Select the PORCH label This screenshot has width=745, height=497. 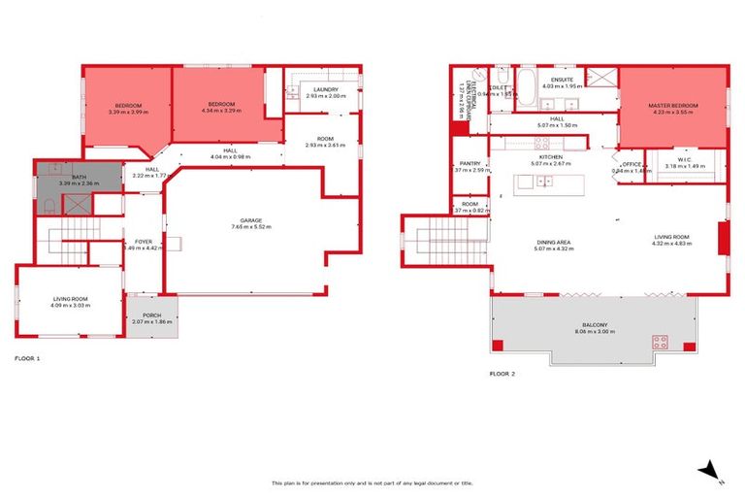(152, 314)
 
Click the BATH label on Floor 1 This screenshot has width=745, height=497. (80, 177)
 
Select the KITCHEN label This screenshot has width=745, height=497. (551, 156)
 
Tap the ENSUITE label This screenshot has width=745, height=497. (563, 80)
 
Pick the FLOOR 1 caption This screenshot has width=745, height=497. (27, 358)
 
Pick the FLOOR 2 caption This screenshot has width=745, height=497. (502, 373)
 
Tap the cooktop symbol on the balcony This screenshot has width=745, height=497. (660, 342)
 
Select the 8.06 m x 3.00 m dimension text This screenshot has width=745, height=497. (595, 332)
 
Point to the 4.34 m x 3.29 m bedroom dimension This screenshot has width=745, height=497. (217, 111)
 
